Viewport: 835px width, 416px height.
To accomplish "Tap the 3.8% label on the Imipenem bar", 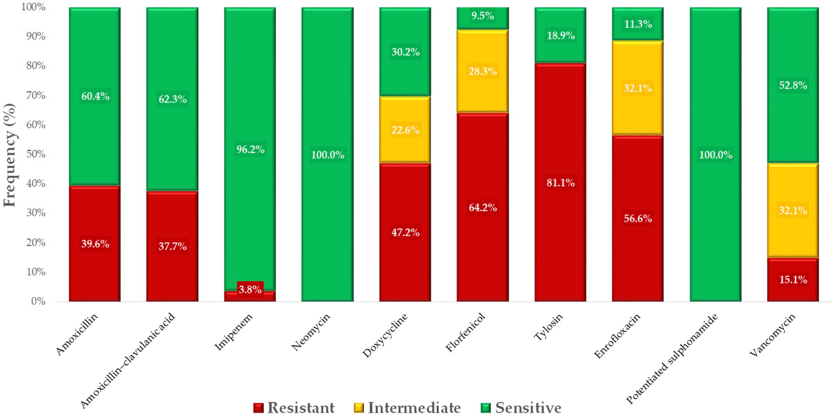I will coord(250,289).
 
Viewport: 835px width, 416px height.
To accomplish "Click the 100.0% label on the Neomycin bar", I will coord(328,155).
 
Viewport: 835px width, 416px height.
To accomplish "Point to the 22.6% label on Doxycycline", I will coord(405,130).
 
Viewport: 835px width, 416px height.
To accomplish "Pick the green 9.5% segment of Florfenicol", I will coord(483,17).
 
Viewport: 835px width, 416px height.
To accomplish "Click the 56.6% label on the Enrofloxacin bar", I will coord(638,219).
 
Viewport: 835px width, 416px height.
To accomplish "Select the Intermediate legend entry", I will coord(408,408).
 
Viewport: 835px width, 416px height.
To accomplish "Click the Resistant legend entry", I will coord(294,408).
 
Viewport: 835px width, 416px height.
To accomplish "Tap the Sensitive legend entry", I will coord(521,408).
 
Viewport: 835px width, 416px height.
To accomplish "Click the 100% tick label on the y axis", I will coord(33,7).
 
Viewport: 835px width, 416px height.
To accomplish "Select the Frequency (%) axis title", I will coord(10,155).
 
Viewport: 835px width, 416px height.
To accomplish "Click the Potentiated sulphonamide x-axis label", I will coord(672,358).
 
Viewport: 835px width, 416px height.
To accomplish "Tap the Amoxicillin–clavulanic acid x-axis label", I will coord(128,361).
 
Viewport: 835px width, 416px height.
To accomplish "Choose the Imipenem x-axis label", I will coord(234,332).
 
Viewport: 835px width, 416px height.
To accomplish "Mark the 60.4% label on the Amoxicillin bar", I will coord(95,96).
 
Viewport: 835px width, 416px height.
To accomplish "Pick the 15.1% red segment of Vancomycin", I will coord(793,280).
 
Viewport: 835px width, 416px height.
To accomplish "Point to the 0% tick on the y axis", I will coord(39,301).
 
